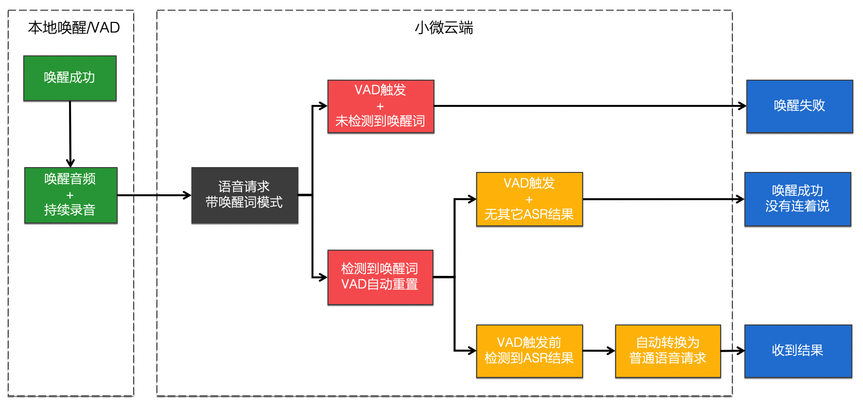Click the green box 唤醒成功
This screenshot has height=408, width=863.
click(70, 78)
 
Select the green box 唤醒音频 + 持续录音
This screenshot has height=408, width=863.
click(71, 195)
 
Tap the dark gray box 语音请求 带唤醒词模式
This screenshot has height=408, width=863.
click(244, 195)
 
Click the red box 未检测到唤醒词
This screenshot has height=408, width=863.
click(380, 106)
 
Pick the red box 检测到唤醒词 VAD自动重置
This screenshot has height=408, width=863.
click(380, 277)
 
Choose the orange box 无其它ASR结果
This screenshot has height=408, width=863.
click(529, 199)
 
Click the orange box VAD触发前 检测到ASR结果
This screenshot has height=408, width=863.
click(529, 351)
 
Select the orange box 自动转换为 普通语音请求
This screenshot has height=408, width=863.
click(668, 351)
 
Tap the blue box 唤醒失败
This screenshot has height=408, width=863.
click(799, 106)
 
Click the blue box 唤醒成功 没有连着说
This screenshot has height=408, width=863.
click(797, 199)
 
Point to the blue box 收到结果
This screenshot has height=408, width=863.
click(798, 351)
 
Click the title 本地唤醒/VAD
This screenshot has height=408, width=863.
click(74, 28)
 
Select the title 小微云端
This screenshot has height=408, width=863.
click(444, 28)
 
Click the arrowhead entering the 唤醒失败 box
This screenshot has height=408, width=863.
click(742, 106)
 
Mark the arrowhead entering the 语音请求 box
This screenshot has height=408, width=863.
click(187, 195)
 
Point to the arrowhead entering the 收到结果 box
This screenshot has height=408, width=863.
click(741, 351)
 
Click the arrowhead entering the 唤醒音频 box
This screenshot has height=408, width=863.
click(70, 163)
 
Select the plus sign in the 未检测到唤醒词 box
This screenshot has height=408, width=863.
click(380, 106)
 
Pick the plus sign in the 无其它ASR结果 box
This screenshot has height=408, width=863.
click(529, 200)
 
